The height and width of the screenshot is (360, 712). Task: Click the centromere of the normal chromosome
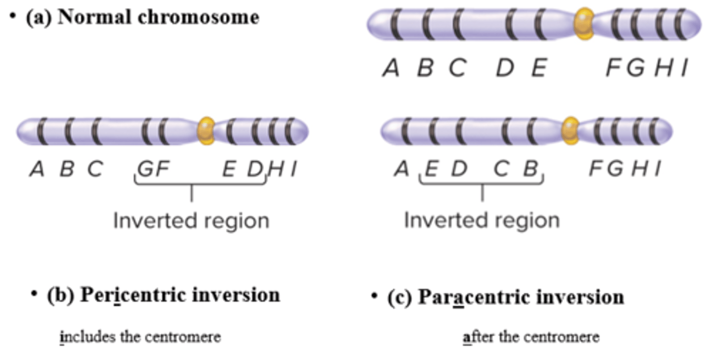click(584, 23)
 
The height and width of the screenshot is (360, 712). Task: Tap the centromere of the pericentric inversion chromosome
click(206, 131)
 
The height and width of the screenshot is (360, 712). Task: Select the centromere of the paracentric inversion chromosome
click(571, 131)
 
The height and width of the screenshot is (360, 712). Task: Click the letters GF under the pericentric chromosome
click(153, 170)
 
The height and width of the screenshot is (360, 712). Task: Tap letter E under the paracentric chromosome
click(431, 170)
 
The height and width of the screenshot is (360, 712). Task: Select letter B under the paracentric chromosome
click(530, 170)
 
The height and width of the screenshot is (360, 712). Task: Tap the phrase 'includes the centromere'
click(140, 337)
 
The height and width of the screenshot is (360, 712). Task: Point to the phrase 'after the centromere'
click(532, 337)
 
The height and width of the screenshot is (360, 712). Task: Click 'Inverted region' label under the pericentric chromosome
click(191, 221)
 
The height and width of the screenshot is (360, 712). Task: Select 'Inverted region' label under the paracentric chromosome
click(482, 221)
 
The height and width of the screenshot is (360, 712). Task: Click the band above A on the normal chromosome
click(395, 24)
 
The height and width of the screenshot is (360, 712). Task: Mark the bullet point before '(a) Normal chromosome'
click(12, 15)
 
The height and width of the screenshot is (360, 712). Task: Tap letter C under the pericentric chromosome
click(94, 170)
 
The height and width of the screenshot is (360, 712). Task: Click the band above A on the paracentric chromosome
click(406, 131)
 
